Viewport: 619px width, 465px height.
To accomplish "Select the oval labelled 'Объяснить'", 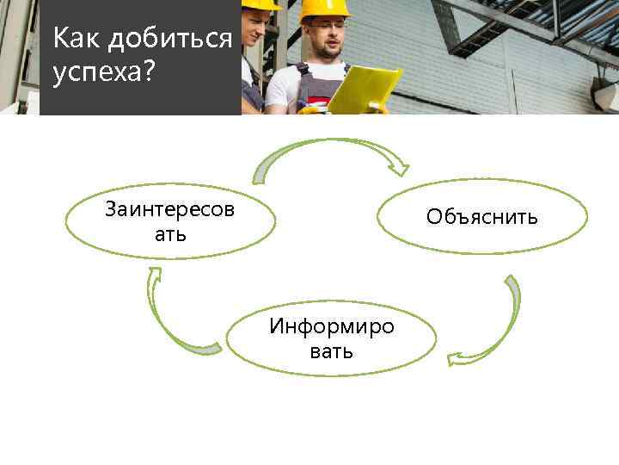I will (x=481, y=216).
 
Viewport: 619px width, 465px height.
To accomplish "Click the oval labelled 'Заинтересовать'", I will (x=171, y=220).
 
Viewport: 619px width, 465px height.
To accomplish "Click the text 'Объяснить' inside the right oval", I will (x=481, y=216).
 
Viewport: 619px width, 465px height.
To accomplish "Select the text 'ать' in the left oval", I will (x=170, y=234).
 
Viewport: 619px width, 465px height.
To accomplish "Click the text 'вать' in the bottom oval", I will (x=331, y=352).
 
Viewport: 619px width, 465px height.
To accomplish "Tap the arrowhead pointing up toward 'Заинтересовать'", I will (x=155, y=276).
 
